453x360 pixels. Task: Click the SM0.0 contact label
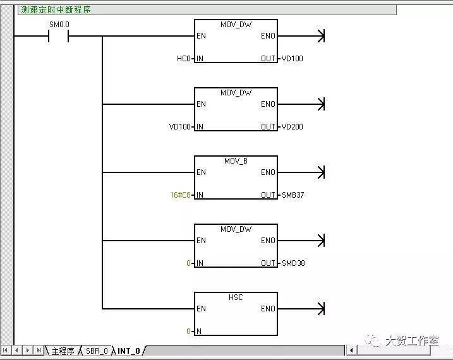[59, 25]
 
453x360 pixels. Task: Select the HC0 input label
[183, 59]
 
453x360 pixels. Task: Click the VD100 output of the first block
[291, 59]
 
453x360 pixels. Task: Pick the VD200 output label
[291, 127]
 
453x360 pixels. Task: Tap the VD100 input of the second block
[179, 127]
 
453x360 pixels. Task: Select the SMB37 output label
[292, 195]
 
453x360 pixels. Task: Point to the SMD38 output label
[293, 263]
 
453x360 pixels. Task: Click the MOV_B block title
[236, 161]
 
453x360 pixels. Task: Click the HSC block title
[236, 297]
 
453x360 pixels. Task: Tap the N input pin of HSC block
[198, 332]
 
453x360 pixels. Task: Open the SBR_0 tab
[97, 351]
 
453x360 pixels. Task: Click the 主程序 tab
[63, 351]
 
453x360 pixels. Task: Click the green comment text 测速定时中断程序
[56, 10]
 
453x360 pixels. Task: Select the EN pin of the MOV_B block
[201, 172]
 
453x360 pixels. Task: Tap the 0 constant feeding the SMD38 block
[188, 263]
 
